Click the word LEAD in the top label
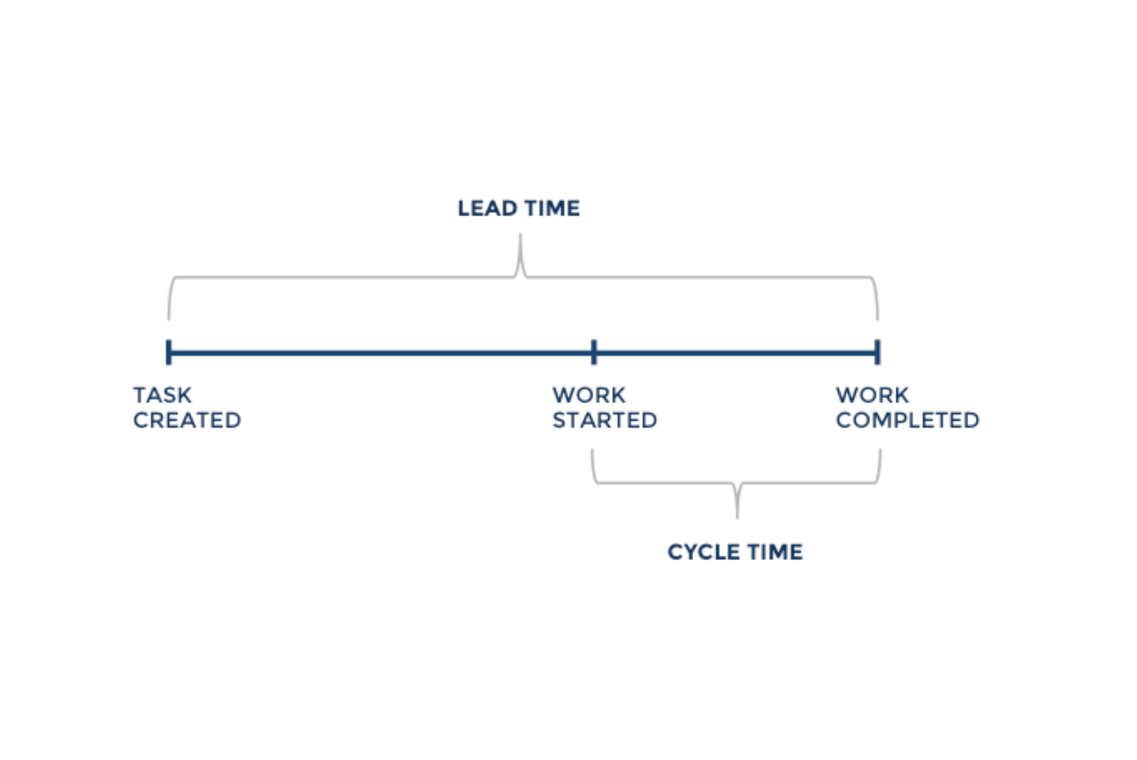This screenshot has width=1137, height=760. (x=487, y=208)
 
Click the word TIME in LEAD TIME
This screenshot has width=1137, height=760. (x=552, y=208)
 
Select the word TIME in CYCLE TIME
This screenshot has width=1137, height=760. (x=775, y=552)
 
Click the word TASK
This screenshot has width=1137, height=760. (x=162, y=395)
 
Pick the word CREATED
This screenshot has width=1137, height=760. (x=187, y=420)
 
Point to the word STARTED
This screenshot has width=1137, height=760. (x=605, y=420)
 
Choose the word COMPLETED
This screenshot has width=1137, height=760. (x=908, y=420)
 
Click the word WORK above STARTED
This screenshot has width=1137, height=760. (x=589, y=395)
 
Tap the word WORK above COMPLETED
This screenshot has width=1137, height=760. (x=872, y=395)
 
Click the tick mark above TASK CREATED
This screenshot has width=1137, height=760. (x=169, y=352)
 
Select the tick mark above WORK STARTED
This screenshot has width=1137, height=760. (x=594, y=352)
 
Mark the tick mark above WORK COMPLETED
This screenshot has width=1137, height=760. (x=877, y=352)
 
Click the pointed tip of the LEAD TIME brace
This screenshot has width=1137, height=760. (x=520, y=234)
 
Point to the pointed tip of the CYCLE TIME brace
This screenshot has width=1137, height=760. (x=738, y=518)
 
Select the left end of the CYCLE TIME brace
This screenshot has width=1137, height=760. (x=592, y=449)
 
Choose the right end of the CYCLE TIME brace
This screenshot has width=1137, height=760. (x=880, y=449)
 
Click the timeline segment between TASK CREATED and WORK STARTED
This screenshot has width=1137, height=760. (x=381, y=352)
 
